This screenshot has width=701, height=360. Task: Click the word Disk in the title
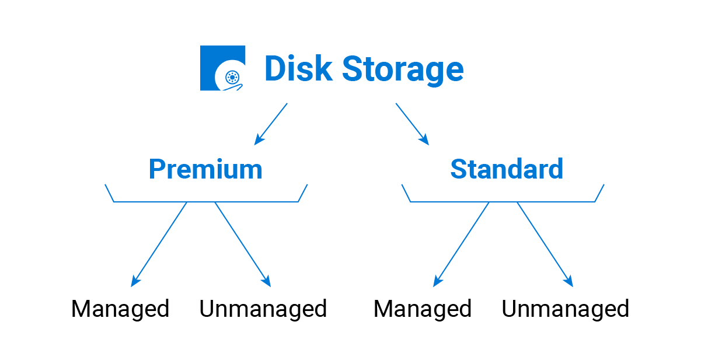[x=298, y=69]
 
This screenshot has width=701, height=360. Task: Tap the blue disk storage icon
[x=222, y=68]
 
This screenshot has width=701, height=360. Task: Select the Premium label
[x=205, y=169]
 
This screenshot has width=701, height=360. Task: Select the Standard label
[x=507, y=169]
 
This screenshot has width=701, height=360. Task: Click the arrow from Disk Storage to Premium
[x=272, y=123]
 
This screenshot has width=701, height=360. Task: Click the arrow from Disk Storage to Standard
[x=411, y=123]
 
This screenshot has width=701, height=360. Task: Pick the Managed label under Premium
[x=120, y=309]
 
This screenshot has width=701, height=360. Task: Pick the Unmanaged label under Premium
[x=263, y=309]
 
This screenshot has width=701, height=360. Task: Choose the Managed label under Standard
[x=423, y=309]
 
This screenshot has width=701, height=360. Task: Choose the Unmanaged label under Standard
[x=565, y=309]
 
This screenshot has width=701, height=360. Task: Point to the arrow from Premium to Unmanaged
[x=243, y=244]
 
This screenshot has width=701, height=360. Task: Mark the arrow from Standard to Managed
[x=462, y=244]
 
